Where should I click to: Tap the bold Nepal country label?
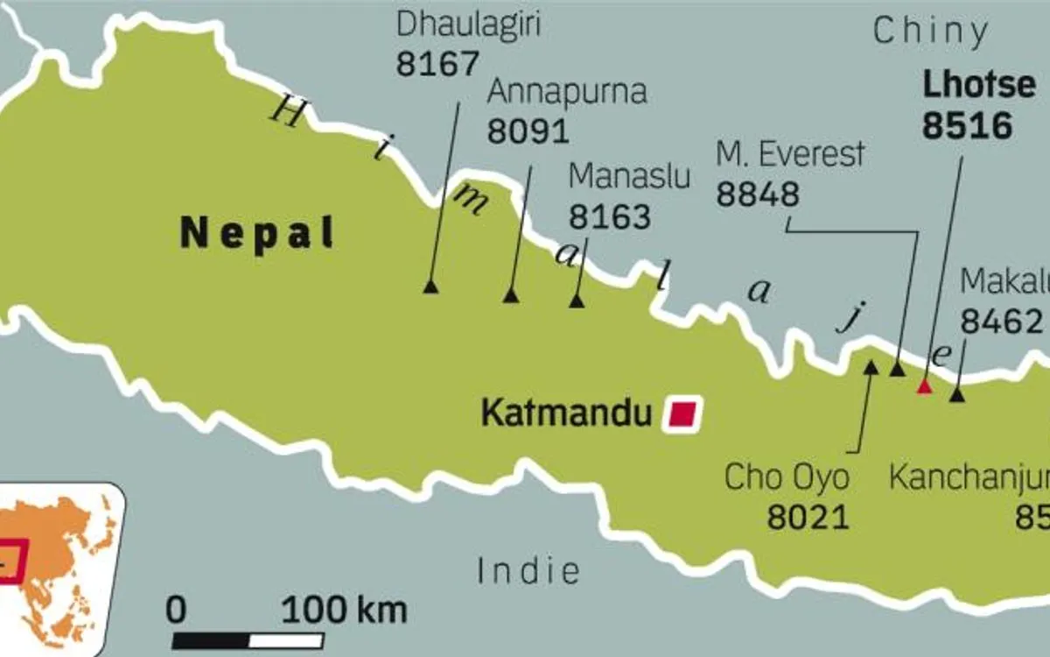(257, 234)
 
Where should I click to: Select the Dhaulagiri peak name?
(468, 25)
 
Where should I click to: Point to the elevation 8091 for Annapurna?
(528, 131)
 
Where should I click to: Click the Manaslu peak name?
(629, 175)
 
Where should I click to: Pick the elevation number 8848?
(758, 194)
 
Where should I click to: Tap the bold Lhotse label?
(967, 85)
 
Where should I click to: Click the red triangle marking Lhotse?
(923, 386)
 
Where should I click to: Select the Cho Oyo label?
(787, 478)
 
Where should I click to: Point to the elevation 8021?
(808, 517)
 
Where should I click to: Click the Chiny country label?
(931, 32)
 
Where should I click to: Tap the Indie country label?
(528, 571)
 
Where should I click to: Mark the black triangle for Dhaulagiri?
(430, 286)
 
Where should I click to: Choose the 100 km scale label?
(344, 610)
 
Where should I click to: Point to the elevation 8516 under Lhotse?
(967, 126)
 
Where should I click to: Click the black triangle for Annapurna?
(511, 296)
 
